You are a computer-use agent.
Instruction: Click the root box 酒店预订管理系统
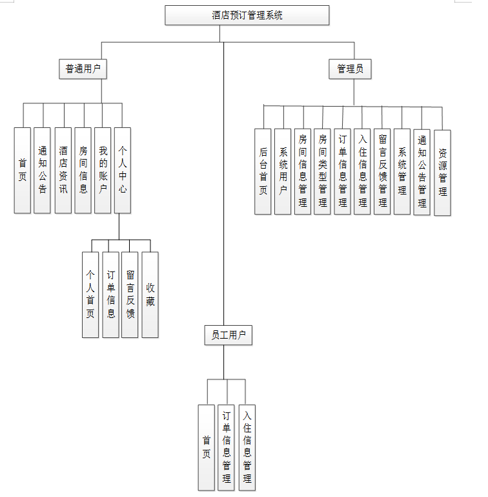click(x=247, y=15)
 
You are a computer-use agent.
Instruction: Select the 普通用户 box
click(x=83, y=69)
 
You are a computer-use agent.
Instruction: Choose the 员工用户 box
click(x=228, y=335)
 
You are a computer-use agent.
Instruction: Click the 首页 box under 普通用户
click(x=23, y=170)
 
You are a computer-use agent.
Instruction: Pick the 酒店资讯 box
click(x=63, y=170)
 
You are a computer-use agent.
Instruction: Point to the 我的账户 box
click(x=103, y=170)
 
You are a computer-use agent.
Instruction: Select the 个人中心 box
click(x=123, y=170)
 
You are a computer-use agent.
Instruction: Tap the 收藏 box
click(x=150, y=294)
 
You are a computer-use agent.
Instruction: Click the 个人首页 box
click(x=90, y=294)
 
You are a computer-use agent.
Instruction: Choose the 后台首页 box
click(x=263, y=171)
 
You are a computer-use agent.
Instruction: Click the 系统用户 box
click(x=283, y=171)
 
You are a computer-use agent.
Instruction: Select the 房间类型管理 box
click(x=323, y=171)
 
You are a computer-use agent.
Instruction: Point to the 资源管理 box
click(x=442, y=173)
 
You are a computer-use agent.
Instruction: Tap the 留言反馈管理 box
click(x=382, y=171)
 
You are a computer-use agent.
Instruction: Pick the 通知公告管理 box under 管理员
click(x=422, y=172)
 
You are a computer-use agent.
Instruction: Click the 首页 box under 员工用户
click(x=207, y=447)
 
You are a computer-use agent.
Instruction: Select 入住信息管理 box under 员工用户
click(x=247, y=447)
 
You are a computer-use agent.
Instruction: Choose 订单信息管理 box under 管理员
click(x=343, y=171)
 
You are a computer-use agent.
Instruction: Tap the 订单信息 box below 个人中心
click(x=110, y=294)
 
